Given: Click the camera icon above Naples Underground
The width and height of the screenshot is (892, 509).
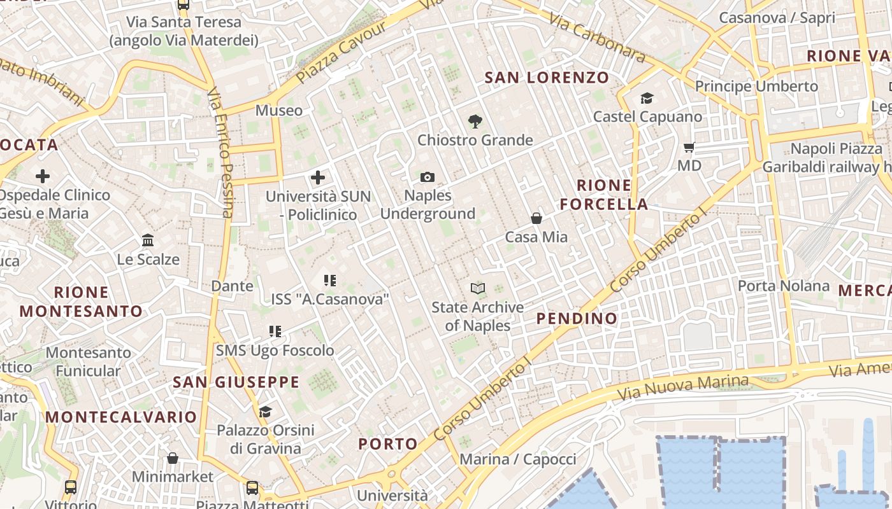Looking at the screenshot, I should tap(428, 177).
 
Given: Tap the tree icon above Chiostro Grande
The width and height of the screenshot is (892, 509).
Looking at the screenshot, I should tap(475, 121).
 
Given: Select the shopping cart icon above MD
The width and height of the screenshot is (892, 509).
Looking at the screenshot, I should tap(689, 148).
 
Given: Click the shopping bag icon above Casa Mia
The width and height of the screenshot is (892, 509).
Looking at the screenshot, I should tap(536, 218).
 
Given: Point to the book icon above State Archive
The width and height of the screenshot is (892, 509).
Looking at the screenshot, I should tap(478, 288).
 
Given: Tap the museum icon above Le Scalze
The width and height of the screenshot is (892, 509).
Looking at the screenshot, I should tap(148, 240).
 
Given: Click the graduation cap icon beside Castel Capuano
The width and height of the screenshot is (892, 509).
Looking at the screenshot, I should tap(647, 98).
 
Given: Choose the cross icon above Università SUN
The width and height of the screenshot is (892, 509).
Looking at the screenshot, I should tap(318, 178).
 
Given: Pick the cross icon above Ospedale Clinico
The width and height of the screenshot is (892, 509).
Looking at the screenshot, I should tap(43, 176).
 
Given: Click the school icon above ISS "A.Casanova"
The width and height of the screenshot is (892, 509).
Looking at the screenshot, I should tap(329, 280).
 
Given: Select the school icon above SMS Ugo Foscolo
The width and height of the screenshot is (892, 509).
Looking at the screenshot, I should tap(275, 331).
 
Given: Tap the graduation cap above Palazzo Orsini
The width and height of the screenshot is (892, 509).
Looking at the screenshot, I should tap(265, 412).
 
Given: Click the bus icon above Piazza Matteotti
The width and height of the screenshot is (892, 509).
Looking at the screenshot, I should tap(252, 488).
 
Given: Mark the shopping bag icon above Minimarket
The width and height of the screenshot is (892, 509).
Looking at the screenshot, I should tap(173, 458).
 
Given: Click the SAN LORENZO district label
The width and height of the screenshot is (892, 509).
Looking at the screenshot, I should tap(547, 78).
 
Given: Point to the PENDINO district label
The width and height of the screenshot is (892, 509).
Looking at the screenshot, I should tap(577, 318).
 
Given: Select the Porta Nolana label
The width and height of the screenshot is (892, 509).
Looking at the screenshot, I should tap(784, 286).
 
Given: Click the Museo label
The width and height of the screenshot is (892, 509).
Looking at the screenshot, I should tap(279, 110).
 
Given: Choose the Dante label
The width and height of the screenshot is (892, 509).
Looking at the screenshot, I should tap(232, 286).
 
